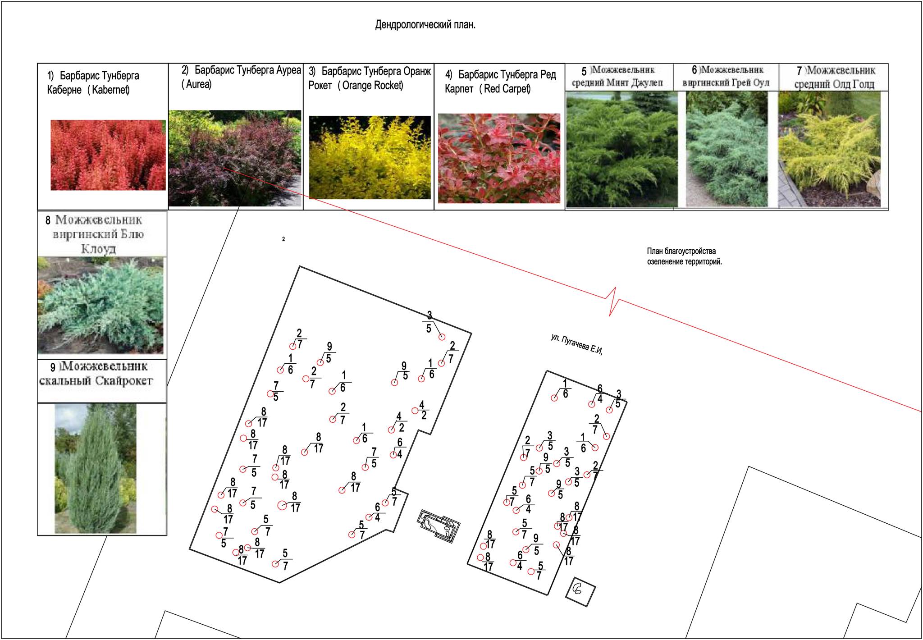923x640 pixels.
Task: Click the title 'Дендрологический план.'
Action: coord(425,25)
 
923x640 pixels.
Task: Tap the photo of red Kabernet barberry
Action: coord(108,155)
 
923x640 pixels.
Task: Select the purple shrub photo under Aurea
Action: coord(235,158)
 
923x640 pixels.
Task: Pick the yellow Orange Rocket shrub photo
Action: coord(370,157)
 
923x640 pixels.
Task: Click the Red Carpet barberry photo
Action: coord(499,158)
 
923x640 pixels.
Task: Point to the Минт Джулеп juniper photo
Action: coord(622,150)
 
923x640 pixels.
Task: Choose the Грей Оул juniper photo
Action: coord(727,150)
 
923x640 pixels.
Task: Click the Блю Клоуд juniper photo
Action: coord(101,305)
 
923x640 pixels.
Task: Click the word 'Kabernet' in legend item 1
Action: coord(110,90)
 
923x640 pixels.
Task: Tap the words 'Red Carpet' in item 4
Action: coord(507,89)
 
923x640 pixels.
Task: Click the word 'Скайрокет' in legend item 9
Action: coord(124,381)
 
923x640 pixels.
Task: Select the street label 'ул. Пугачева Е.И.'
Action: coord(577,344)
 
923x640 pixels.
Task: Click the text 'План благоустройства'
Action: coord(681,251)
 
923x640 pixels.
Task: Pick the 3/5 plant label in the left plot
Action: coord(429,322)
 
